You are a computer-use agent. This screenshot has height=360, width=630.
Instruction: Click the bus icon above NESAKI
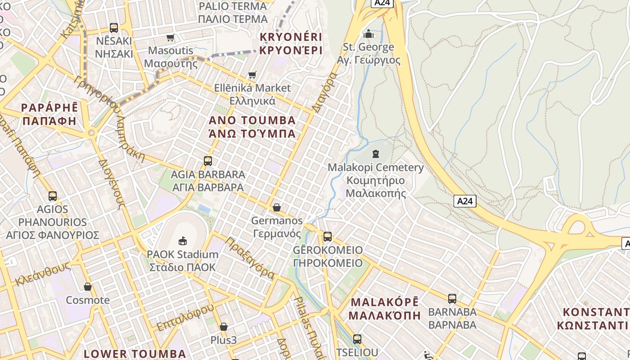click(114, 28)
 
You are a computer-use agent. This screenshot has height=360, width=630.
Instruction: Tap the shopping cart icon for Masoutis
click(171, 37)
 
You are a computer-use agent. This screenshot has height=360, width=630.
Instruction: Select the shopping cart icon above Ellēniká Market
click(252, 75)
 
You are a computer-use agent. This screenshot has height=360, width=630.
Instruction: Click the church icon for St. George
click(369, 34)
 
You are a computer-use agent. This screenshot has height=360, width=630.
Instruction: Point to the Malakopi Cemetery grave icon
click(376, 154)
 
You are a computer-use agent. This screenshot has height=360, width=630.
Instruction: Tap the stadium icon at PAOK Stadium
click(183, 241)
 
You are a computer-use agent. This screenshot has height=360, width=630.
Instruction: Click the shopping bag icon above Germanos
click(277, 207)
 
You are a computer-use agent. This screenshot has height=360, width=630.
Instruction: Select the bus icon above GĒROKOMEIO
click(328, 237)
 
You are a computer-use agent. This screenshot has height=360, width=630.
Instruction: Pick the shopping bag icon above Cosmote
click(88, 287)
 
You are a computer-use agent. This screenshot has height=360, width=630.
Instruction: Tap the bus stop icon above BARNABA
click(452, 298)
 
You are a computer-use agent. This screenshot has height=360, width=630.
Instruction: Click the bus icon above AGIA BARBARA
click(207, 161)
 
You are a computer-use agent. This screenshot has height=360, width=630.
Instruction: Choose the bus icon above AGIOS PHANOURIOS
click(53, 196)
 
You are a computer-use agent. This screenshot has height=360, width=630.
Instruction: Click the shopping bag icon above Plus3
click(224, 327)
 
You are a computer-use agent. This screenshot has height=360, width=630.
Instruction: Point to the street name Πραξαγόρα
click(250, 258)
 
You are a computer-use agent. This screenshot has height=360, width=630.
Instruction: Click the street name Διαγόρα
click(324, 92)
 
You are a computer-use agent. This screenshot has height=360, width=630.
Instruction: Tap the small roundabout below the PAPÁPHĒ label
click(91, 133)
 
